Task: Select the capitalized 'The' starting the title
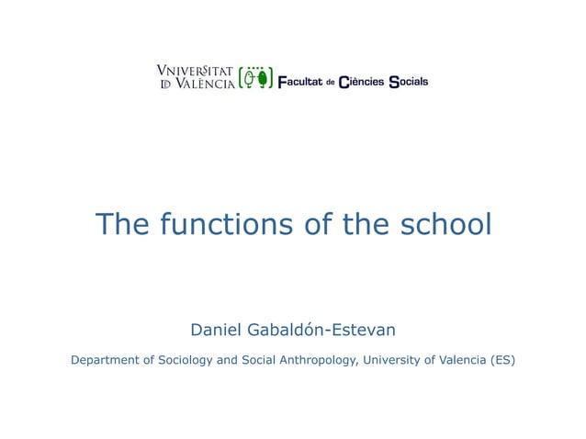point(124,223)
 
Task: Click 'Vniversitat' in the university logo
point(195,72)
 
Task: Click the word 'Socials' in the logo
point(409,82)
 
